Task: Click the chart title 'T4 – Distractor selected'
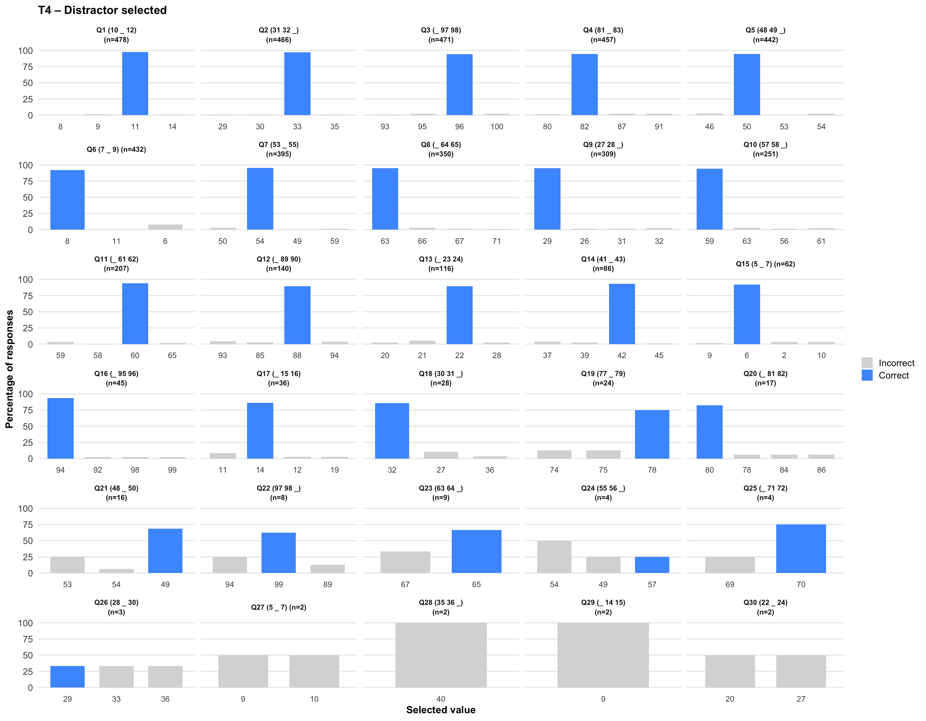pyautogui.click(x=102, y=10)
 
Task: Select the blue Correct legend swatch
pyautogui.click(x=867, y=375)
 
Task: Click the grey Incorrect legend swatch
pyautogui.click(x=867, y=363)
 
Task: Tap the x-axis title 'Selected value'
pyautogui.click(x=440, y=709)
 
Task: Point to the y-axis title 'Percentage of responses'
pyautogui.click(x=9, y=369)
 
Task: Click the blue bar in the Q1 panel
pyautogui.click(x=135, y=84)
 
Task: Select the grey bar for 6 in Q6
pyautogui.click(x=165, y=227)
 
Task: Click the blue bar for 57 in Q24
pyautogui.click(x=652, y=565)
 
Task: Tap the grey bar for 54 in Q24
pyautogui.click(x=554, y=557)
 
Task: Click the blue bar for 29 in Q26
pyautogui.click(x=68, y=676)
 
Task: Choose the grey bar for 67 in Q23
pyautogui.click(x=405, y=562)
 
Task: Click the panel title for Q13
pyautogui.click(x=440, y=263)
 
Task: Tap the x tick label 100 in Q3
pyautogui.click(x=496, y=126)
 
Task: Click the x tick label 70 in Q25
pyautogui.click(x=801, y=584)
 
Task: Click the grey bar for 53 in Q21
pyautogui.click(x=68, y=565)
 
